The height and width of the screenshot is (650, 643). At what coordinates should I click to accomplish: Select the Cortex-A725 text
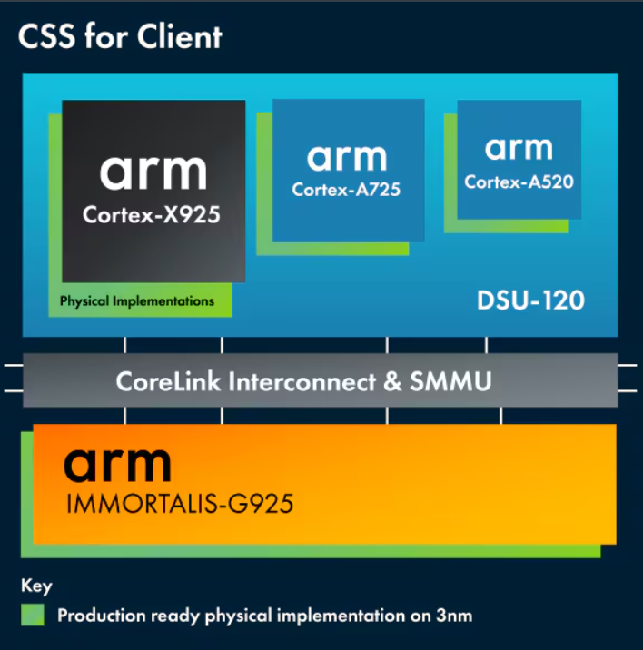click(346, 190)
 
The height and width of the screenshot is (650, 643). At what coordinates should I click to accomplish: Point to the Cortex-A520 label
click(519, 182)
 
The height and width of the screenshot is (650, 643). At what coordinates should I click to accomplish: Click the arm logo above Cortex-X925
click(153, 170)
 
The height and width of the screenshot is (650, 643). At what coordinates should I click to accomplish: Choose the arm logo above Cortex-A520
click(519, 147)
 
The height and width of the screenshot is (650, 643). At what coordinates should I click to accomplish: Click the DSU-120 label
click(531, 300)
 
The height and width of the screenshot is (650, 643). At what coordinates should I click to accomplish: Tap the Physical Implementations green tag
click(137, 300)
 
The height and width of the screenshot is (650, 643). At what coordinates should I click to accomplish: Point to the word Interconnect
click(304, 381)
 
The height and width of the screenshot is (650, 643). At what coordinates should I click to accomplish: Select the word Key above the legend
click(36, 586)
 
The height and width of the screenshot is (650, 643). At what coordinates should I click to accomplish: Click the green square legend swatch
click(33, 615)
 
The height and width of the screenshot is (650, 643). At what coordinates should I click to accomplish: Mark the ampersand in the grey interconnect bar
click(392, 381)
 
